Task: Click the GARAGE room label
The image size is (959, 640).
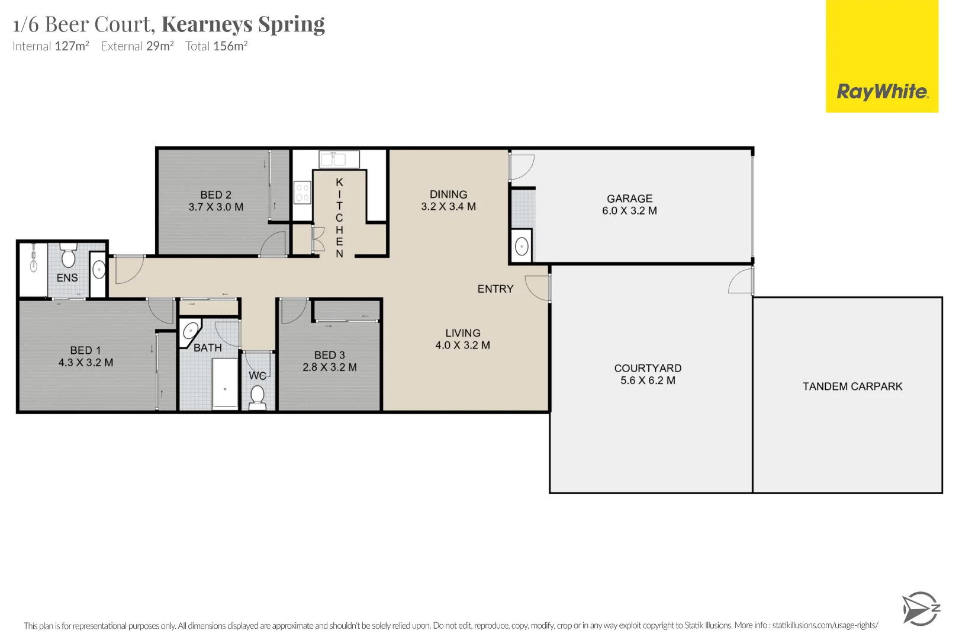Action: (629, 199)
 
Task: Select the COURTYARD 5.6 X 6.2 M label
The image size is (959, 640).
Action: (648, 375)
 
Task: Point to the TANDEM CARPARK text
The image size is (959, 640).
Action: (852, 386)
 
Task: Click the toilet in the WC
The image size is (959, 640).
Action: (258, 396)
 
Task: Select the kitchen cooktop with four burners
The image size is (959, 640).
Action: (302, 193)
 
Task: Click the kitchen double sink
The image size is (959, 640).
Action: (339, 159)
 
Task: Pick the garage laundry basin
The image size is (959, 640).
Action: (522, 247)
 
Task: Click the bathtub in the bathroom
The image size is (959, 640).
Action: (225, 384)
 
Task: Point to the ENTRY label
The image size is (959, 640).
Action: (495, 289)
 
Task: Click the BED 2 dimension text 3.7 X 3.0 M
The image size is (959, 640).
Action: (215, 207)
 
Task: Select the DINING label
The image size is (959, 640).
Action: (448, 194)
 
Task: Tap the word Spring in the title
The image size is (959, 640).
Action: (292, 24)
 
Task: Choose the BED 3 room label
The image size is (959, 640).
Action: (330, 355)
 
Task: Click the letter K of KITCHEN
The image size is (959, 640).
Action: (340, 183)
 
